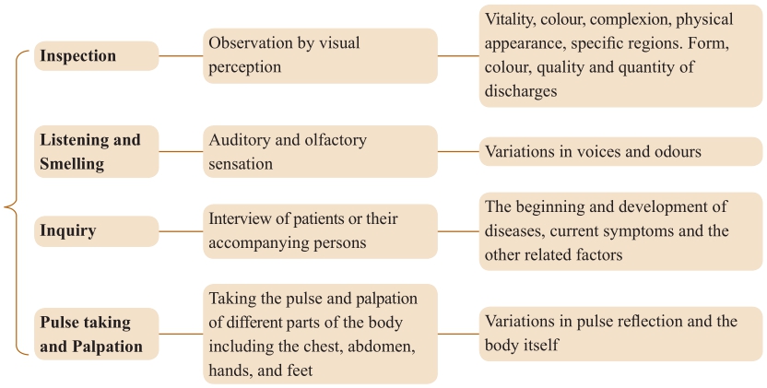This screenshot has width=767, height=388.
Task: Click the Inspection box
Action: tap(97, 56)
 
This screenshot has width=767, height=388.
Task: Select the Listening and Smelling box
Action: tap(97, 151)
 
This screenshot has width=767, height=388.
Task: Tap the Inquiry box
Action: tap(97, 231)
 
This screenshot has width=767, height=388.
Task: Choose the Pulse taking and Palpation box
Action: tap(97, 335)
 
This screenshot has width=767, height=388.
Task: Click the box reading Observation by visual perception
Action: tap(321, 56)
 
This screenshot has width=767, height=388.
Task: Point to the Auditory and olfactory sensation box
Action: tap(321, 151)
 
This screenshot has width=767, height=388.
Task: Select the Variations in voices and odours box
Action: tap(620, 151)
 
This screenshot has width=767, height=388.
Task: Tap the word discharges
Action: tap(521, 91)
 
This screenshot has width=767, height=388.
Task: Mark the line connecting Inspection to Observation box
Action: tap(181, 56)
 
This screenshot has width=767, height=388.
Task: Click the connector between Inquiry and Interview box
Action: tap(181, 231)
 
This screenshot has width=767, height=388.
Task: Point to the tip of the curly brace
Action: tap(5, 206)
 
